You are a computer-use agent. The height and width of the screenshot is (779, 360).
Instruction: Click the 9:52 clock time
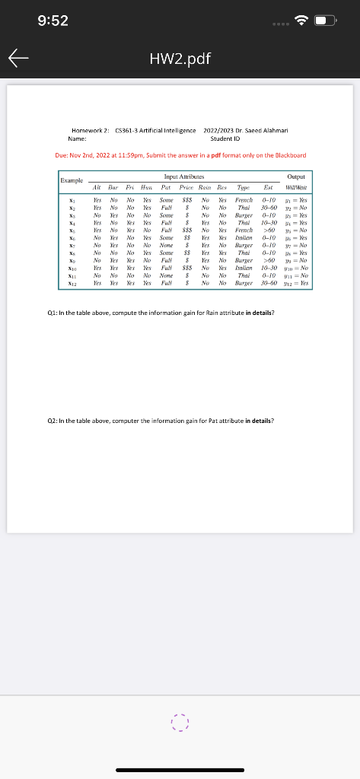[x=53, y=21]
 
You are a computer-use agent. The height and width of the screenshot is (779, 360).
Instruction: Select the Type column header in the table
[x=244, y=186]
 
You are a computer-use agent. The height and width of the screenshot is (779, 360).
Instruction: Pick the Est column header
[x=268, y=186]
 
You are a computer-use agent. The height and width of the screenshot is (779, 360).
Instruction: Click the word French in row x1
[x=244, y=195]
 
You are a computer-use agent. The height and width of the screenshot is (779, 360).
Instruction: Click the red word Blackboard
[x=290, y=154]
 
